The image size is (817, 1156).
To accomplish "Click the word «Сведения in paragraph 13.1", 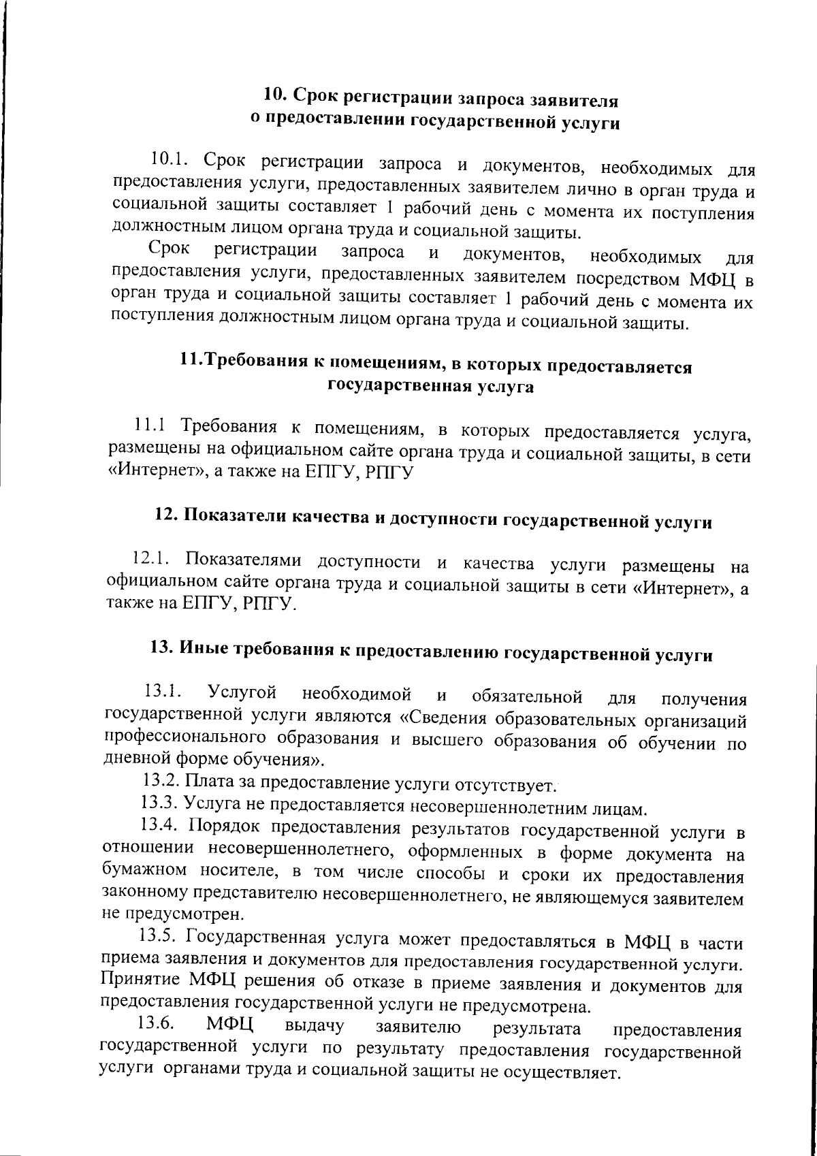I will pyautogui.click(x=466, y=718).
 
